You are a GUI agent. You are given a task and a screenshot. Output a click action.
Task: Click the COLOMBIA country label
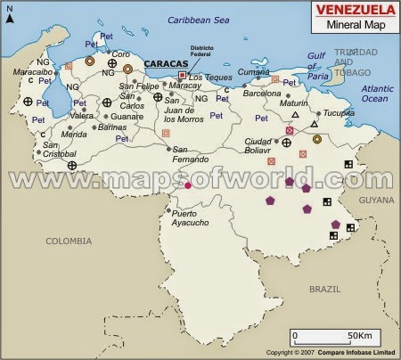(69, 241)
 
